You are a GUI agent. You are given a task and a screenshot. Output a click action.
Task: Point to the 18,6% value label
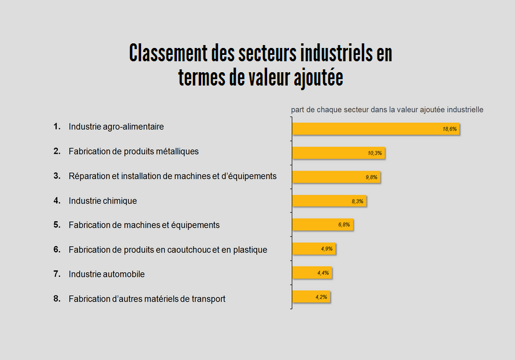point(450,129)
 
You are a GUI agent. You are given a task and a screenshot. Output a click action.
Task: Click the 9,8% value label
point(371,177)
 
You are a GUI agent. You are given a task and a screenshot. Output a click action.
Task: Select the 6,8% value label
point(344,225)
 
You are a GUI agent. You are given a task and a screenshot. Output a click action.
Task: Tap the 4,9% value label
point(327,249)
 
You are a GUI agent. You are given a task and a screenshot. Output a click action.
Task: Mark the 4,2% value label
point(321,297)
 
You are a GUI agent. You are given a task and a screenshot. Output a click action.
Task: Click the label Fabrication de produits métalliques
point(134,151)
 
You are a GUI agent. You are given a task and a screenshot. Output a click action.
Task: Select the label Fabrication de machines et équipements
point(144,225)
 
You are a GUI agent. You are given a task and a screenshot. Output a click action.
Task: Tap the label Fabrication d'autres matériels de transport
point(147,299)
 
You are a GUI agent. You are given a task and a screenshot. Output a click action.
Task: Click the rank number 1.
point(57,126)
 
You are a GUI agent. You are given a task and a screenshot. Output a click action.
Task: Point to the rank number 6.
point(57,249)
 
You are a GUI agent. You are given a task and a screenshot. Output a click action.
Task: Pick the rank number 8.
point(57,298)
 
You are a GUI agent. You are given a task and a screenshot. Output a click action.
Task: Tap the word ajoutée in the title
point(314,77)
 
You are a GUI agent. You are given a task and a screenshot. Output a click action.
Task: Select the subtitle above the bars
point(387,109)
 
